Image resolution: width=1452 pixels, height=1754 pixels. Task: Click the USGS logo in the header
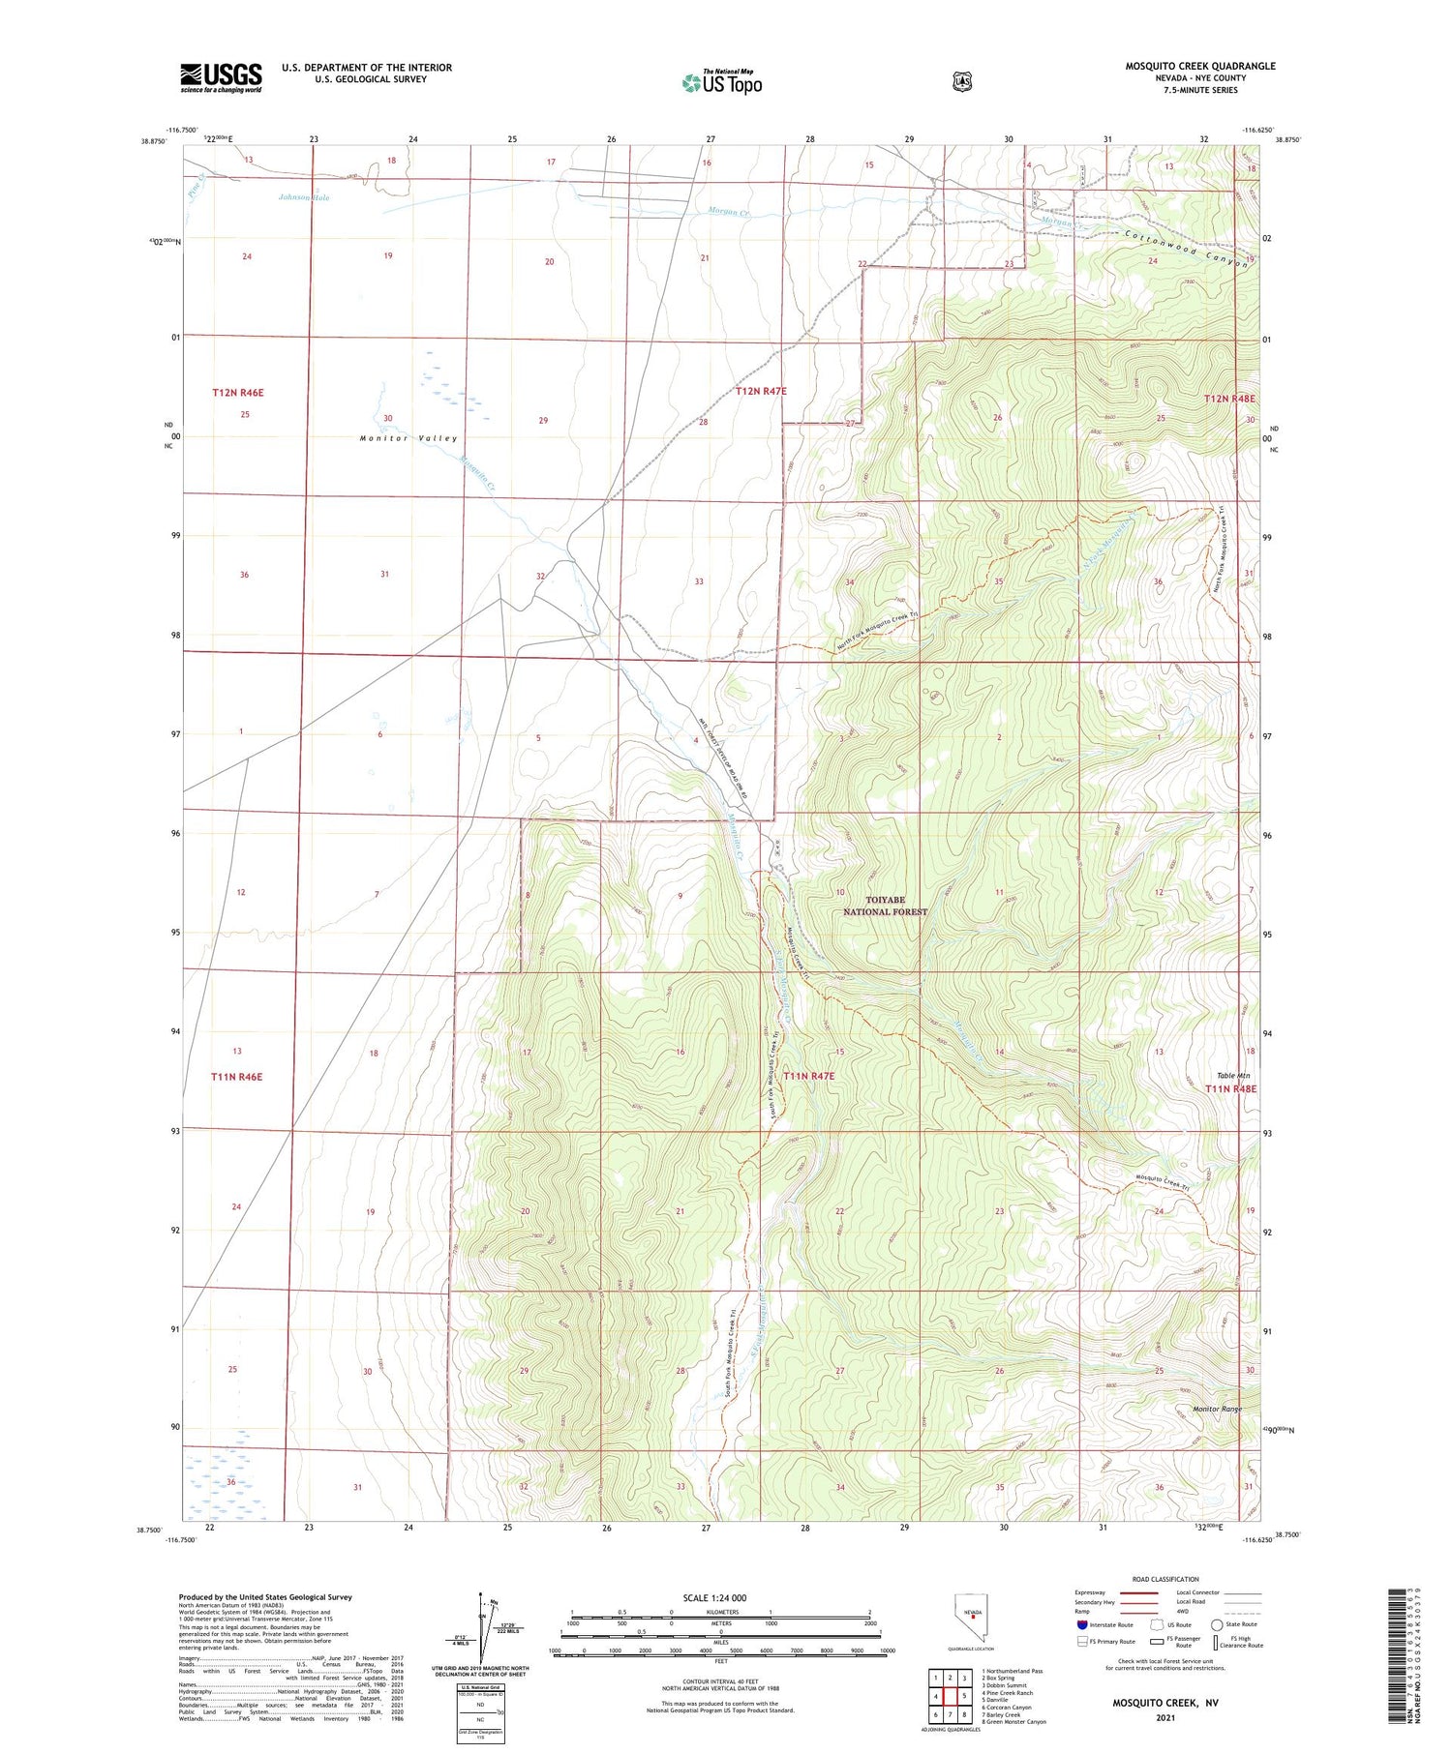[221, 77]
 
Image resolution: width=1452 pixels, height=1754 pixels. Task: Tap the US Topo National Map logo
[722, 82]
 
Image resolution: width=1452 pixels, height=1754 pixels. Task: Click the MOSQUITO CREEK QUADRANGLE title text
[1199, 67]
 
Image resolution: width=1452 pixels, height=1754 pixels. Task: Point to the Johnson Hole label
[304, 197]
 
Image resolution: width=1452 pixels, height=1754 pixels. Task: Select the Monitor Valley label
[408, 438]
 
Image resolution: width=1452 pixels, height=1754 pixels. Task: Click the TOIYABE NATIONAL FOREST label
[885, 906]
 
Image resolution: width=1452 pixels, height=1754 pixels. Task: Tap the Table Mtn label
[1233, 1075]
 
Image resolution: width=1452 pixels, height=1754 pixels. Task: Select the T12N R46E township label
[238, 393]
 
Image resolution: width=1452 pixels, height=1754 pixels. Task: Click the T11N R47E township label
[808, 1075]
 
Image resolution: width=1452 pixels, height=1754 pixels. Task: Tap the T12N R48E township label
[1229, 399]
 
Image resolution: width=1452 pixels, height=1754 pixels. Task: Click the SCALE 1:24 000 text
[720, 1597]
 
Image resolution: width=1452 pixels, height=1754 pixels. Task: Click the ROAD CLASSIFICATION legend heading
[1165, 1579]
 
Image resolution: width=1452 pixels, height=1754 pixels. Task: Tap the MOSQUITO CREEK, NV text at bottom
[1165, 1701]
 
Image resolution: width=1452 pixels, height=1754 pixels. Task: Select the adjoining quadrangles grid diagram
[950, 1692]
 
